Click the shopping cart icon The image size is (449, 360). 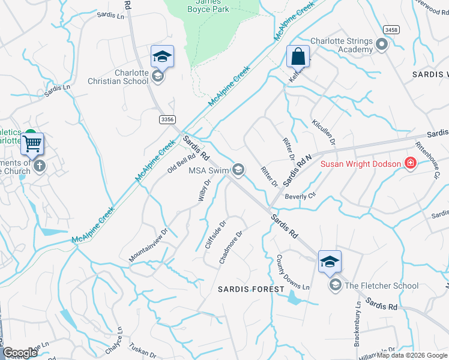click(32, 144)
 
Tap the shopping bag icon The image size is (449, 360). click(298, 56)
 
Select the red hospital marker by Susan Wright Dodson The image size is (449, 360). click(411, 163)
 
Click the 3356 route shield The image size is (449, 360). click(168, 120)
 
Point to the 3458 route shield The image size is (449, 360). click(391, 29)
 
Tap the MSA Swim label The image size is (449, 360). click(209, 170)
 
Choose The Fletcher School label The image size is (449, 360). click(381, 286)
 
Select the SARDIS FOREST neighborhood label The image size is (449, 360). click(251, 289)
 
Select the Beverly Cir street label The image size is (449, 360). click(300, 196)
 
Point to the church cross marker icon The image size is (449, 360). click(40, 166)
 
